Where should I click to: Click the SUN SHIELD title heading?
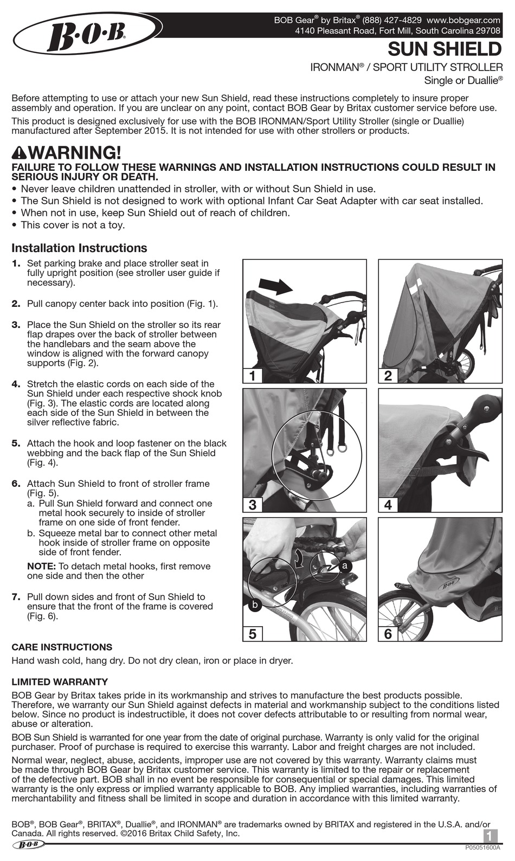[445, 50]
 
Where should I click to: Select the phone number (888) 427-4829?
[392, 20]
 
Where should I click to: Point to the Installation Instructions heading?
[79, 248]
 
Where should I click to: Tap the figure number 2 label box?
[388, 375]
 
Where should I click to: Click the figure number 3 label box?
[252, 505]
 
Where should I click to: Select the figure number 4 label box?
[388, 505]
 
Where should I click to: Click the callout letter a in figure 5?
[345, 566]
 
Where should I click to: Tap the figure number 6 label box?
[388, 633]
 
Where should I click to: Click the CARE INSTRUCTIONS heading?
[62, 647]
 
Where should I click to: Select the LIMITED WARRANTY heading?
[60, 682]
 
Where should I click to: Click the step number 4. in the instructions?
[16, 384]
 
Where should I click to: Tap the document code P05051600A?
[482, 847]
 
